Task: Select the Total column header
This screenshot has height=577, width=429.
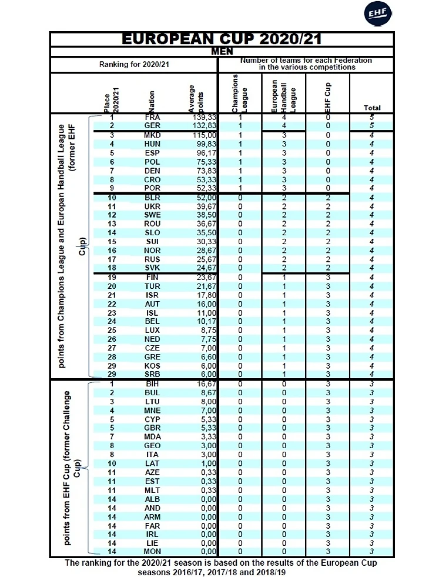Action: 372,108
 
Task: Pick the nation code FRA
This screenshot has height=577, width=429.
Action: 152,117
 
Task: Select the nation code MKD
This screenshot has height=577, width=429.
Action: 152,135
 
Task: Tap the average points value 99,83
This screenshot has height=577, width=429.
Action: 201,144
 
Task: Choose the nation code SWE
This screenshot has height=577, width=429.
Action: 152,215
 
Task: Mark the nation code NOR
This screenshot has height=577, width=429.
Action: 152,251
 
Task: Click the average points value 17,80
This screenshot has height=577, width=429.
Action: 201,295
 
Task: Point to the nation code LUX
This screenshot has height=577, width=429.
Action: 152,331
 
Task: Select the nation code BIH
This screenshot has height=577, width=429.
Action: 152,383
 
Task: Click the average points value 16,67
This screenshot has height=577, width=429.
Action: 201,383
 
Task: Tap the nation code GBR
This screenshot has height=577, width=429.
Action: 152,428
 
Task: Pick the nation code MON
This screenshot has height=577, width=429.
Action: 152,551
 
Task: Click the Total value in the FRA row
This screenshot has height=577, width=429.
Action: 372,117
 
